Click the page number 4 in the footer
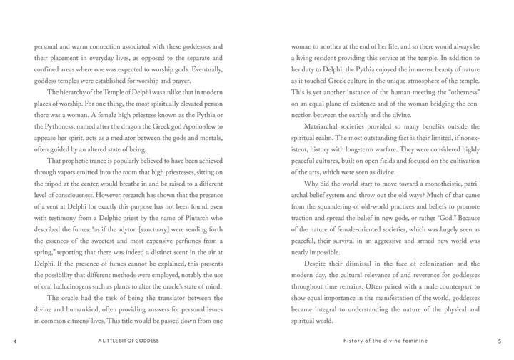coord(14,341)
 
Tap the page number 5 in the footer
coord(499,341)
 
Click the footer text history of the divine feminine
coord(385,341)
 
